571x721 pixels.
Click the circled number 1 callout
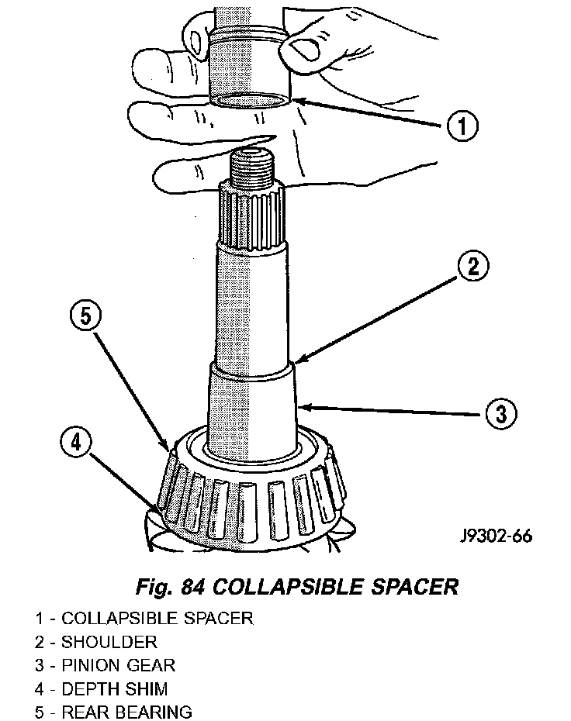(x=462, y=126)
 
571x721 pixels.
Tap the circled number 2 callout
(x=473, y=266)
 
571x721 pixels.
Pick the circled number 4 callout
(x=76, y=443)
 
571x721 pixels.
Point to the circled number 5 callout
(x=86, y=316)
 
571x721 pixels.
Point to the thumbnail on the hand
(x=303, y=48)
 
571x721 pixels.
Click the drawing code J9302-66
(x=497, y=536)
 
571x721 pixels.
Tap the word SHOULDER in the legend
(x=109, y=642)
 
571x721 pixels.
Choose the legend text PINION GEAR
(x=118, y=665)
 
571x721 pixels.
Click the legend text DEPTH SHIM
(x=115, y=689)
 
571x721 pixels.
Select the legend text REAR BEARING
(x=126, y=712)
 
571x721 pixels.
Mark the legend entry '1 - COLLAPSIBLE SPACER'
(x=144, y=618)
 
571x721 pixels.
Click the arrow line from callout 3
(x=392, y=410)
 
